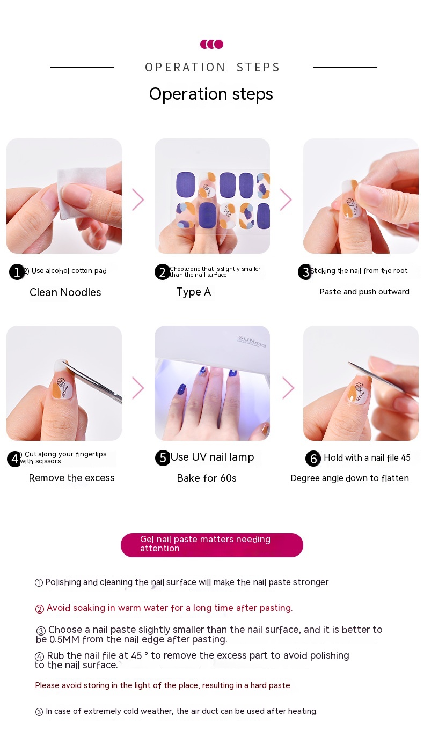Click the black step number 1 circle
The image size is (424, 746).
17,272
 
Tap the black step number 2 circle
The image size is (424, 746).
162,272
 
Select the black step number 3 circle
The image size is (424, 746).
305,272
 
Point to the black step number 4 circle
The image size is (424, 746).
14,459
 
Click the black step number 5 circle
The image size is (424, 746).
163,458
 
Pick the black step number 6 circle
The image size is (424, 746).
313,459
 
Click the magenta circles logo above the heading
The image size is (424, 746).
211,44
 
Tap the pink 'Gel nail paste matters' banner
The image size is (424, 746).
211,545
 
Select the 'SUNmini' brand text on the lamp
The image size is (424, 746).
252,342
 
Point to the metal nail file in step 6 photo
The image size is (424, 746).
377,376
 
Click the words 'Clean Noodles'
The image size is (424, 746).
65,292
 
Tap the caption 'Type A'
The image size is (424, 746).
193,292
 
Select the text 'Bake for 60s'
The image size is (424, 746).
207,478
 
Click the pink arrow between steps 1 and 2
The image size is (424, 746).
138,200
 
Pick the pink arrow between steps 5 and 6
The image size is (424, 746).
288,388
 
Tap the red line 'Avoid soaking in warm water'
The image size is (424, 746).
164,608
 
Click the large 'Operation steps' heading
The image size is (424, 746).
211,94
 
